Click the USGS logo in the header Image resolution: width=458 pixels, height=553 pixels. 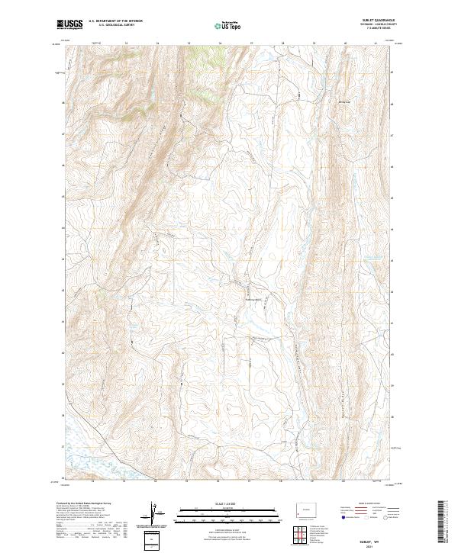(x=70, y=25)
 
